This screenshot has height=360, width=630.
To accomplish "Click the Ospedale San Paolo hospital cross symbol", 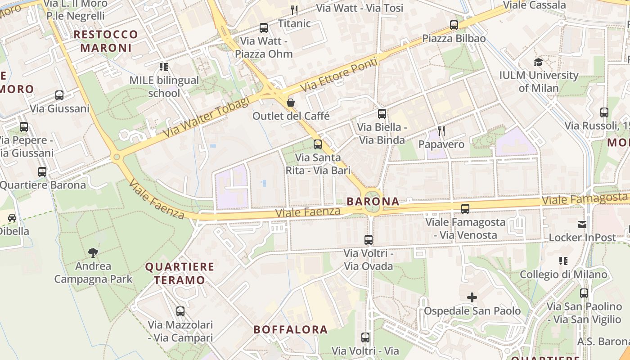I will point(472,297).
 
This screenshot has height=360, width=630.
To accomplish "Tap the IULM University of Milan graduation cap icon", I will point(538,62).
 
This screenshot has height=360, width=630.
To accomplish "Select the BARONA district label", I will point(373,202).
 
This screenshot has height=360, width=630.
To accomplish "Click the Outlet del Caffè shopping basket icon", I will point(291,103).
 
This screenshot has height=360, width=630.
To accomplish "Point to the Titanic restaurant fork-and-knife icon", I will point(294,10).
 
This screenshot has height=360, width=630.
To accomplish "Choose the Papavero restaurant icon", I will point(441,131).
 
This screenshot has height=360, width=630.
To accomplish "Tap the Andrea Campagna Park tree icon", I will point(93,252).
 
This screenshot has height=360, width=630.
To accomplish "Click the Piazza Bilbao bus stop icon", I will point(454,25).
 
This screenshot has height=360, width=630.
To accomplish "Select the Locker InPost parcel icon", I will point(582,224).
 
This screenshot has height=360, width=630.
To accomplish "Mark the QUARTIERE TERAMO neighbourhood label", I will point(180,273).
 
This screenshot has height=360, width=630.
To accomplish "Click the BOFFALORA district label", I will point(291,329).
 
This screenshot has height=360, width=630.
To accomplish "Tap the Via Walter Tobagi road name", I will point(206,118).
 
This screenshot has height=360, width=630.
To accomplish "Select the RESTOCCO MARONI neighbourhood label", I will point(106,41).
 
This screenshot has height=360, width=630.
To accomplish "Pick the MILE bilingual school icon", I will point(164,67).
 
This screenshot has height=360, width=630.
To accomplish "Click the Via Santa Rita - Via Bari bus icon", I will point(318,144).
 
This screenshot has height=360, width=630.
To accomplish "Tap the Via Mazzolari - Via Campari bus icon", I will point(180,311).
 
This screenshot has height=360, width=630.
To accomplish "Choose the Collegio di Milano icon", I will point(563,261).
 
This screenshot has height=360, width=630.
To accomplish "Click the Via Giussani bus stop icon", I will point(59,95).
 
